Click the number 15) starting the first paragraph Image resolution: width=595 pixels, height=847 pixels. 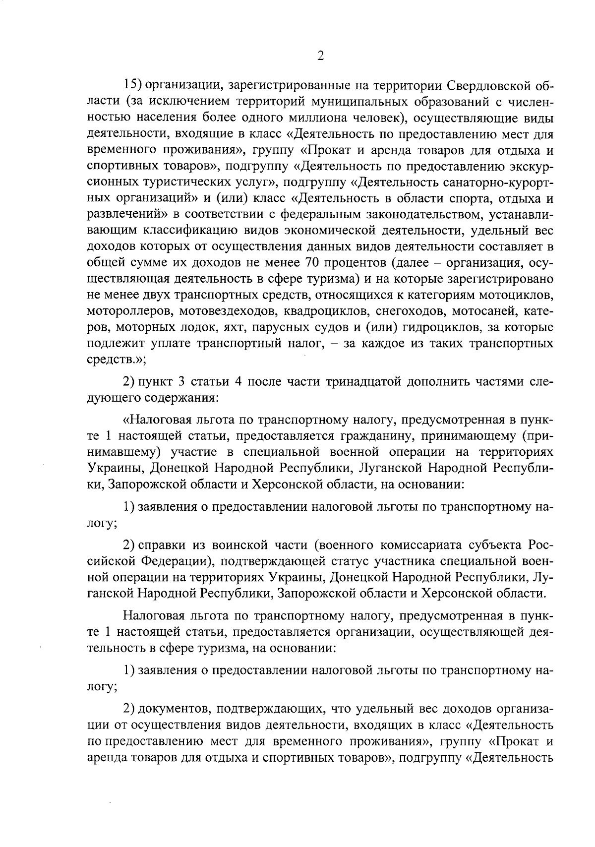133,86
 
